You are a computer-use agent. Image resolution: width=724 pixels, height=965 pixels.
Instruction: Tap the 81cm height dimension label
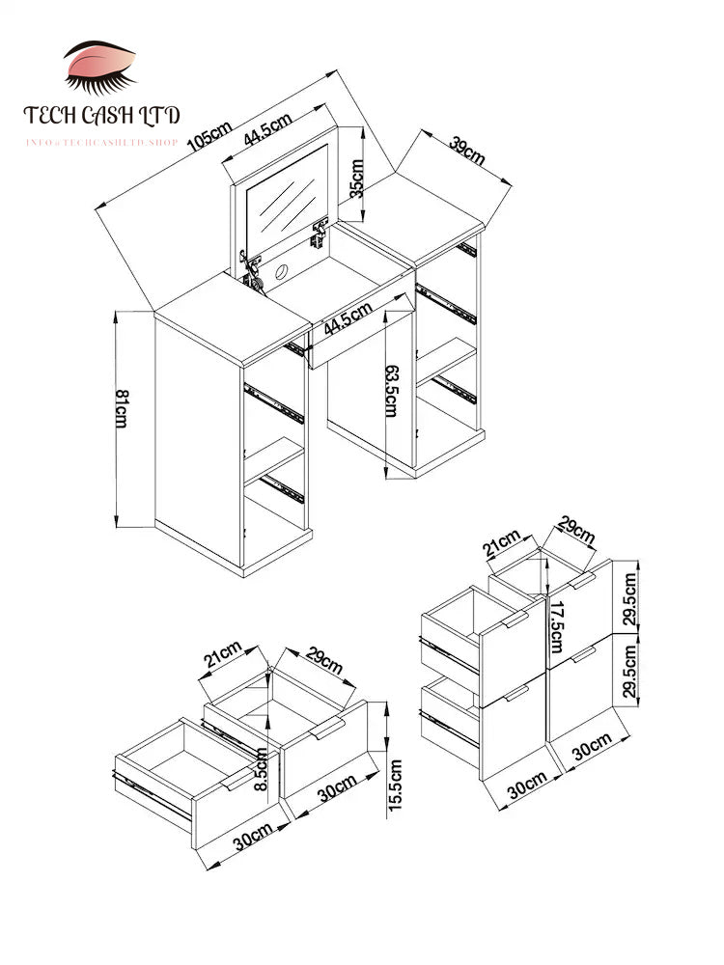(x=121, y=410)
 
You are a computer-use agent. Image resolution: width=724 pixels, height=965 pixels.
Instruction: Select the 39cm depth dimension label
(x=467, y=151)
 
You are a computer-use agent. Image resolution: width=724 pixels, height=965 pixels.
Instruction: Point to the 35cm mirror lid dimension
(x=357, y=178)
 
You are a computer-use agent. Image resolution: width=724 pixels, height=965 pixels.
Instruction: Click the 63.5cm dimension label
(x=391, y=391)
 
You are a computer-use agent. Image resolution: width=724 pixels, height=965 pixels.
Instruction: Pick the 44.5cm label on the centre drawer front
(x=348, y=317)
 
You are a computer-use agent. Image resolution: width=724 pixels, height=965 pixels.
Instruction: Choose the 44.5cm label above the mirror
(x=267, y=129)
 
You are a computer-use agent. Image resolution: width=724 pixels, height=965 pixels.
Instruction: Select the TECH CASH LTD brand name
(x=102, y=116)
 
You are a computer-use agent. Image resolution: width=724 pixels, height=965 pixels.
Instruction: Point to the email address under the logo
(x=102, y=143)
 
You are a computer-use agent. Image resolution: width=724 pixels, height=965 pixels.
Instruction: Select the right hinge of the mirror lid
(x=320, y=233)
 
